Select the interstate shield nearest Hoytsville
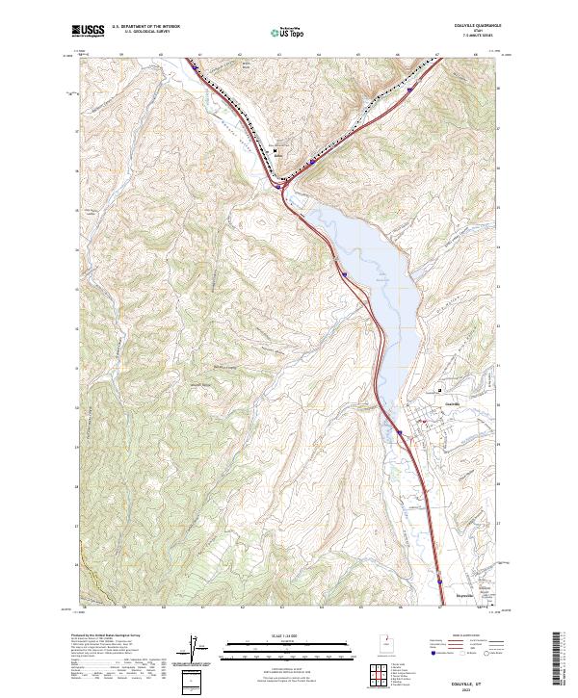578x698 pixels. coord(440,582)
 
